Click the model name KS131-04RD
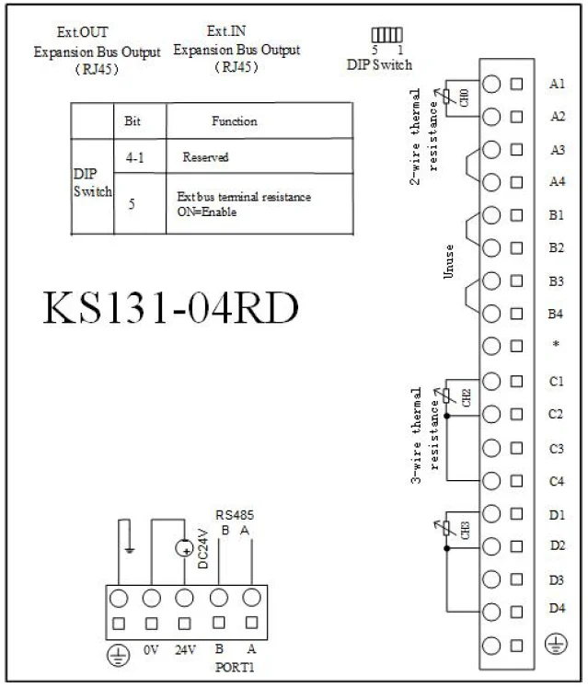(170, 307)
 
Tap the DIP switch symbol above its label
(386, 35)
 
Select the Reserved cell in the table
(205, 157)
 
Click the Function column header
(234, 120)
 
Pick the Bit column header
(133, 120)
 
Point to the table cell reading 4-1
(134, 157)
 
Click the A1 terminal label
(557, 84)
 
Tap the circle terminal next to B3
(491, 281)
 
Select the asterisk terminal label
(556, 344)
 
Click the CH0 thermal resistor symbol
(446, 97)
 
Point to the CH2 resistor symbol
(446, 396)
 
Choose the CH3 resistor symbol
(446, 529)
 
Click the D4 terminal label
(557, 608)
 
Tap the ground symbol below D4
(556, 644)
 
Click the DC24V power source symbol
(184, 548)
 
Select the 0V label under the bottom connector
(151, 650)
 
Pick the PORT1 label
(235, 668)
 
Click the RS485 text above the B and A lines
(235, 515)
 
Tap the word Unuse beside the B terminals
(448, 261)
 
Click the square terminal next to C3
(516, 448)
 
